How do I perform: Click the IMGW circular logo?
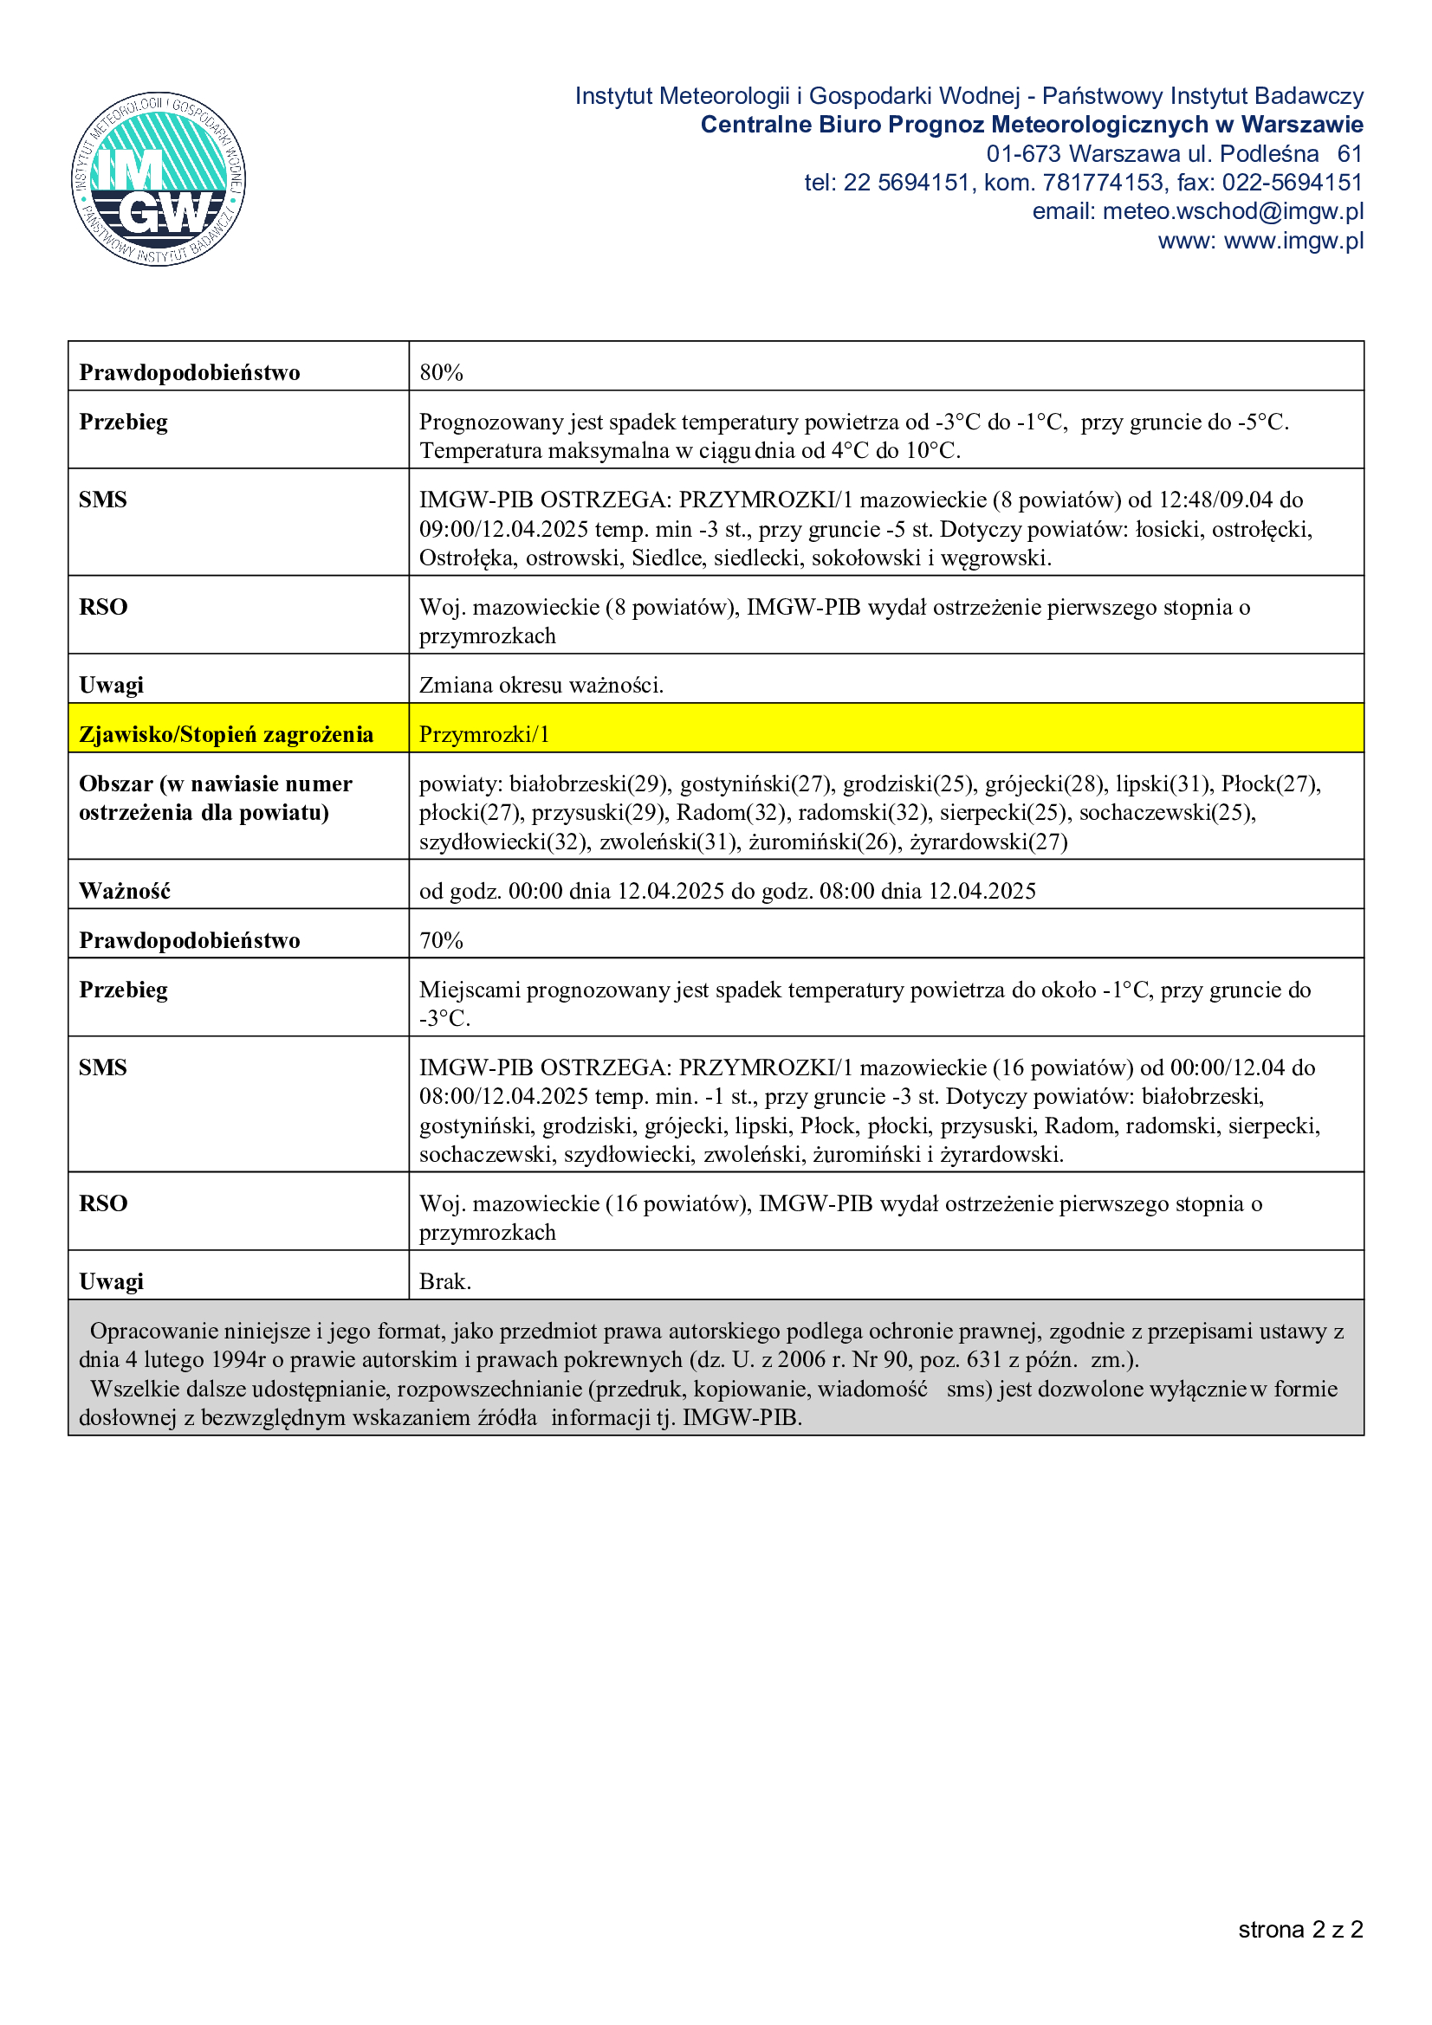pyautogui.click(x=159, y=179)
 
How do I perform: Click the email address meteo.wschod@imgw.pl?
pyautogui.click(x=1232, y=211)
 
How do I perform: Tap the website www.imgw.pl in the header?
pyautogui.click(x=1293, y=241)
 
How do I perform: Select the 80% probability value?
pyautogui.click(x=441, y=372)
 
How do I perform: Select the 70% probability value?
pyautogui.click(x=441, y=940)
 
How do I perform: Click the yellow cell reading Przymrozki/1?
pyautogui.click(x=484, y=734)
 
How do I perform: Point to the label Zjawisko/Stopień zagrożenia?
pyautogui.click(x=226, y=734)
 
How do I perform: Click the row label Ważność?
pyautogui.click(x=125, y=891)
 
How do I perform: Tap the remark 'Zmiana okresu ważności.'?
pyautogui.click(x=541, y=685)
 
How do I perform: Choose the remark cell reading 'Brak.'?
pyautogui.click(x=445, y=1280)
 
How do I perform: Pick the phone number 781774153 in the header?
pyautogui.click(x=1103, y=183)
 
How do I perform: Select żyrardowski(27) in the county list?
pyautogui.click(x=988, y=842)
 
